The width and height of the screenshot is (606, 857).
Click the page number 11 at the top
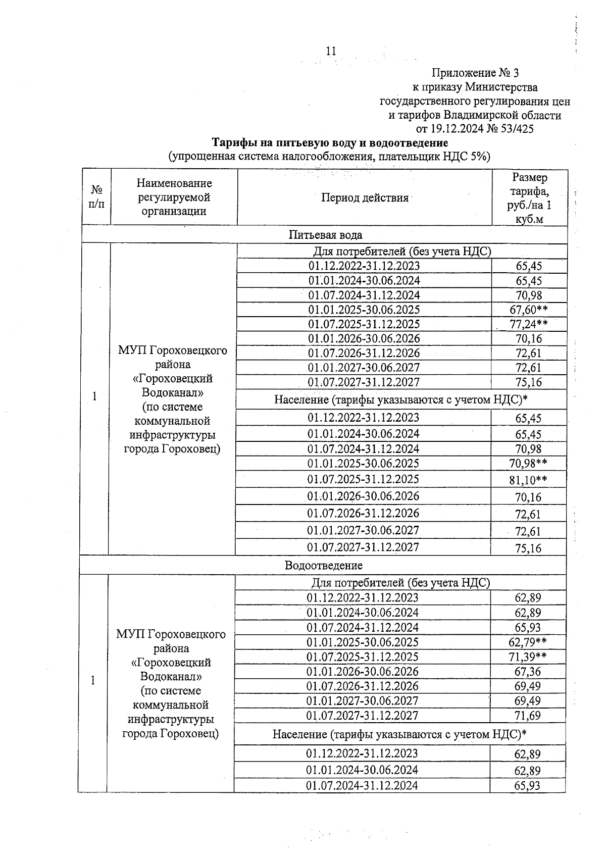[x=331, y=51]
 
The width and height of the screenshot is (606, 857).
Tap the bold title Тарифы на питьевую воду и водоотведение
[x=329, y=143]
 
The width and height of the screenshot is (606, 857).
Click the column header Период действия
[x=365, y=198]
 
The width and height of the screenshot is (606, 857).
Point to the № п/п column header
[x=96, y=197]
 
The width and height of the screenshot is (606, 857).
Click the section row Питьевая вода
[x=325, y=235]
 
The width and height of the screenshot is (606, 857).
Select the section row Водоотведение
[x=323, y=565]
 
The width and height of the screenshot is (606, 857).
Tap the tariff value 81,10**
[x=528, y=480]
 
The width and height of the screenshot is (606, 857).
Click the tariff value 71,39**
[x=527, y=657]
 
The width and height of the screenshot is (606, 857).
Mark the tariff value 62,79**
[x=527, y=642]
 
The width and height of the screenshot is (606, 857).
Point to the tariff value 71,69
[x=527, y=716]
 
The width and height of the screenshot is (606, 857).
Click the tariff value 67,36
[x=527, y=672]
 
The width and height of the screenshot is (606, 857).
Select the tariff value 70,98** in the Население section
[x=528, y=463]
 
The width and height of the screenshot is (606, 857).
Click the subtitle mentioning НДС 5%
[x=329, y=157]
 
